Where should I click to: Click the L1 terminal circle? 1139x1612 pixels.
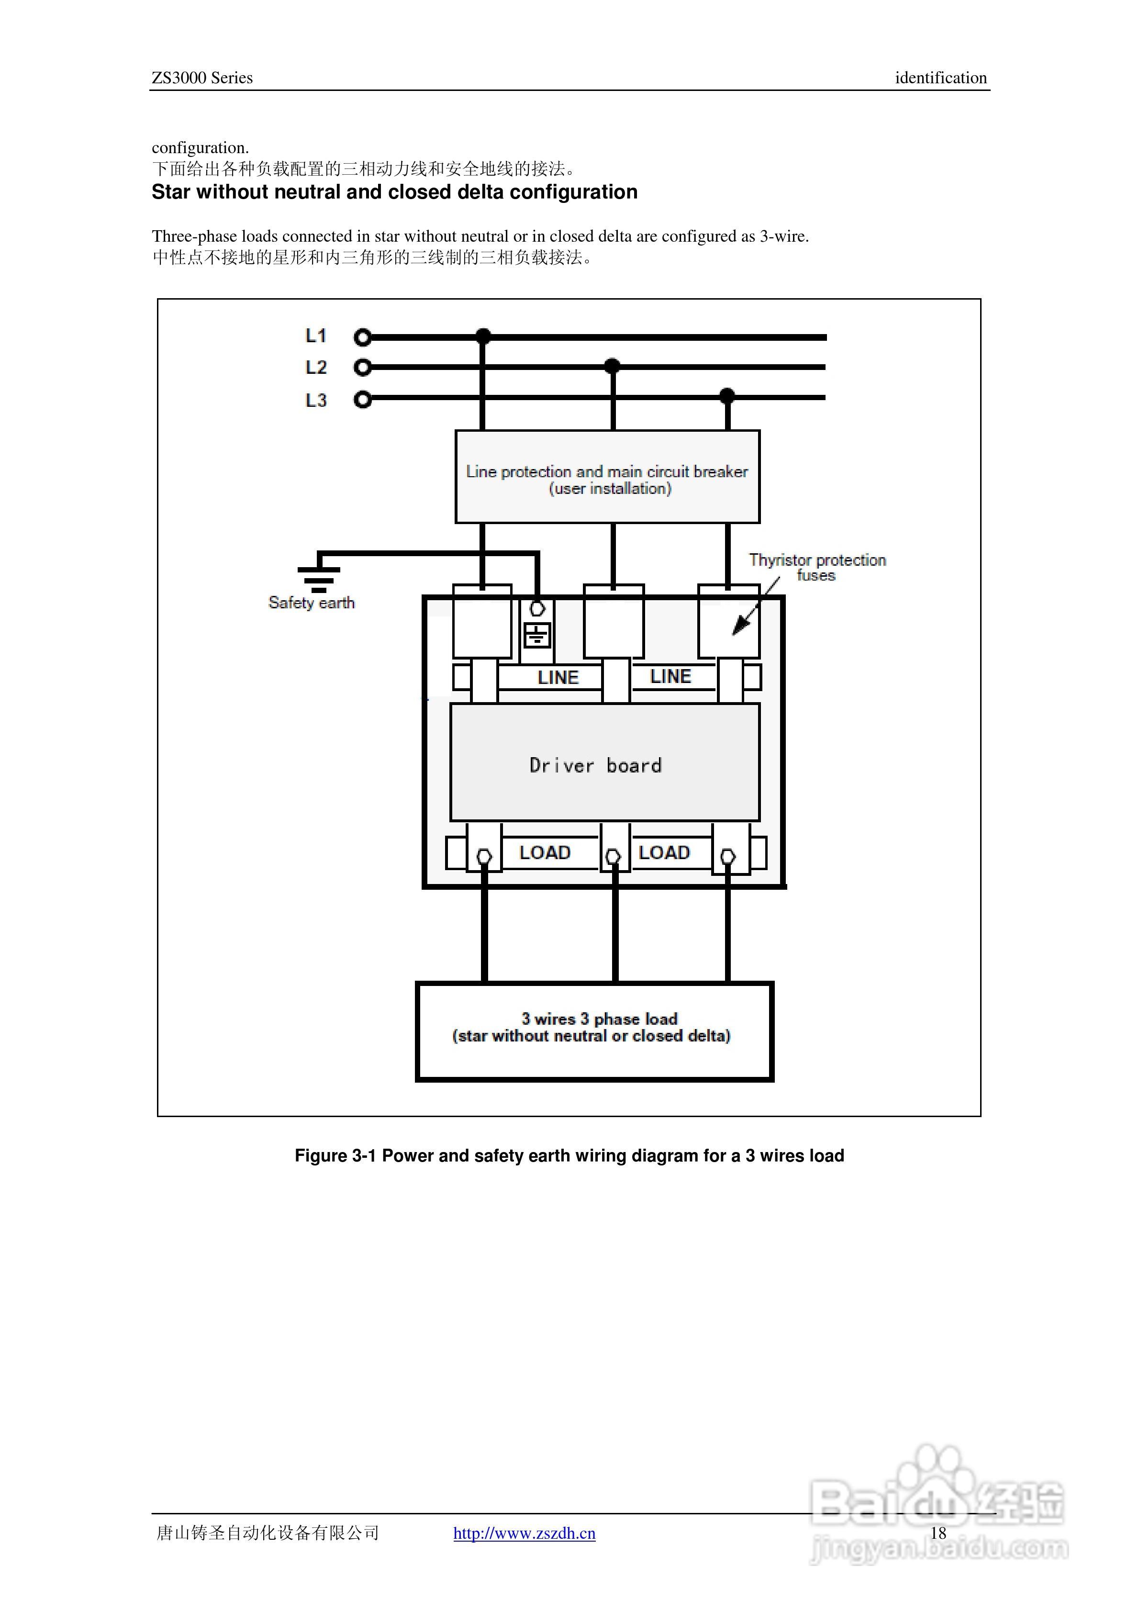pos(362,338)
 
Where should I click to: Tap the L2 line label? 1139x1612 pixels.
pos(316,367)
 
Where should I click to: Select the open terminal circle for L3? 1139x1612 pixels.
pos(362,400)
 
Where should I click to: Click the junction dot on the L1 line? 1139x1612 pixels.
pos(483,336)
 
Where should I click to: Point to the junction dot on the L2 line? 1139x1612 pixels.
pos(613,366)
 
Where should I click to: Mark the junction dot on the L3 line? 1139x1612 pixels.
pos(727,395)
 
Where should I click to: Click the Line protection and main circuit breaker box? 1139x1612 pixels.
pos(607,477)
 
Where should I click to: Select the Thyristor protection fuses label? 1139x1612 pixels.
pos(817,567)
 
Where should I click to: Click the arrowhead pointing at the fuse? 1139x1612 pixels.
pos(739,627)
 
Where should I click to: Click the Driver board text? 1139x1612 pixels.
pos(595,765)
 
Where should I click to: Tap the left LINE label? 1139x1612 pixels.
pos(558,678)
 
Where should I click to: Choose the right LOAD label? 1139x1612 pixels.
pos(664,852)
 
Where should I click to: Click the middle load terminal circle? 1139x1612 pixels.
pos(613,857)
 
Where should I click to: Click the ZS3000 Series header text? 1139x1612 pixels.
pos(202,78)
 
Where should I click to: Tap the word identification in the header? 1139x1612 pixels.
pos(940,78)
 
